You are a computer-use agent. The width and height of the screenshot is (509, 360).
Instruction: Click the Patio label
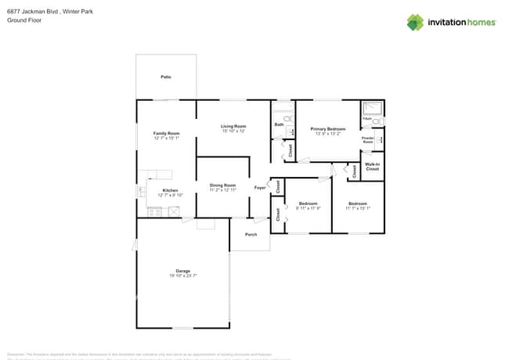166,77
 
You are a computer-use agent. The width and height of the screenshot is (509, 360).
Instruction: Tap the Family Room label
166,133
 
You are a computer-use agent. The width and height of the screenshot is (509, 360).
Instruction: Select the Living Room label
233,126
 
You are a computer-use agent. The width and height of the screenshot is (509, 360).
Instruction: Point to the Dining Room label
222,185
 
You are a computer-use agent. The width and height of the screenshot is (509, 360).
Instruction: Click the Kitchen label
170,191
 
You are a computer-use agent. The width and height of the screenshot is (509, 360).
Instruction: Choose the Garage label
183,271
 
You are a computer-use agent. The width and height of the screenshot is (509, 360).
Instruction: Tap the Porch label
251,234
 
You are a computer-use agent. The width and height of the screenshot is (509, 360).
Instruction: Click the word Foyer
260,188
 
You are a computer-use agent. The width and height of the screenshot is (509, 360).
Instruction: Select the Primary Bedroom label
327,128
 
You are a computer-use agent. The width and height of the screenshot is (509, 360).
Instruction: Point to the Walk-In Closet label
373,167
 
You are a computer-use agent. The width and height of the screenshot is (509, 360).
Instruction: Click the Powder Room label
368,140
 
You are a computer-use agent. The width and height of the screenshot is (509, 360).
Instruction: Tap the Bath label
279,124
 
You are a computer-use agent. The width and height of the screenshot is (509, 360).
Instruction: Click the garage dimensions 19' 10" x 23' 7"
183,276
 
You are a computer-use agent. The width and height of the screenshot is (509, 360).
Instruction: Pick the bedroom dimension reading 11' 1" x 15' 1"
357,209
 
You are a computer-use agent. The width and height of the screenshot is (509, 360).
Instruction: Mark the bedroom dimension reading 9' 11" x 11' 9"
308,209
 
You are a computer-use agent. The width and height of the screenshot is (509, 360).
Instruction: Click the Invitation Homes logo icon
415,22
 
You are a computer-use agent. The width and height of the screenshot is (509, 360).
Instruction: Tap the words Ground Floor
23,20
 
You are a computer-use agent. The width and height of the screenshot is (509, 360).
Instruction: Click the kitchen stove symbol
154,211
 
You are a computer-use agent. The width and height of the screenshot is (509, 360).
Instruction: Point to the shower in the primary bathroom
373,109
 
